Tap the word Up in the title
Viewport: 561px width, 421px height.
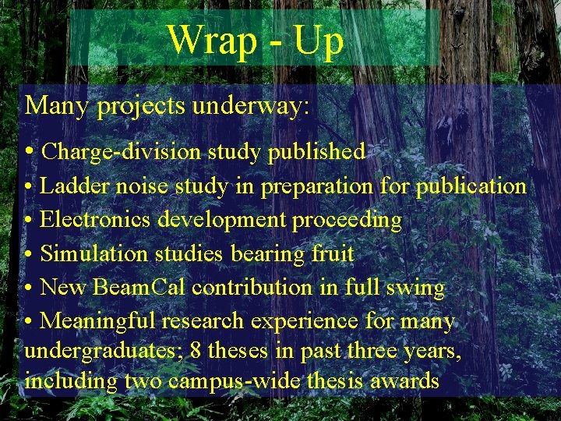pyautogui.click(x=318, y=41)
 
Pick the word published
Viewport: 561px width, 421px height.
pyautogui.click(x=316, y=151)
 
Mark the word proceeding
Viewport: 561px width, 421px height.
pyautogui.click(x=347, y=221)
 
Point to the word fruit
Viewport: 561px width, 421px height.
pyautogui.click(x=332, y=253)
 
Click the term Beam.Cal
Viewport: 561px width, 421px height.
pyautogui.click(x=139, y=287)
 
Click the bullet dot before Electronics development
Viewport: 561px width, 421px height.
pyautogui.click(x=28, y=221)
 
